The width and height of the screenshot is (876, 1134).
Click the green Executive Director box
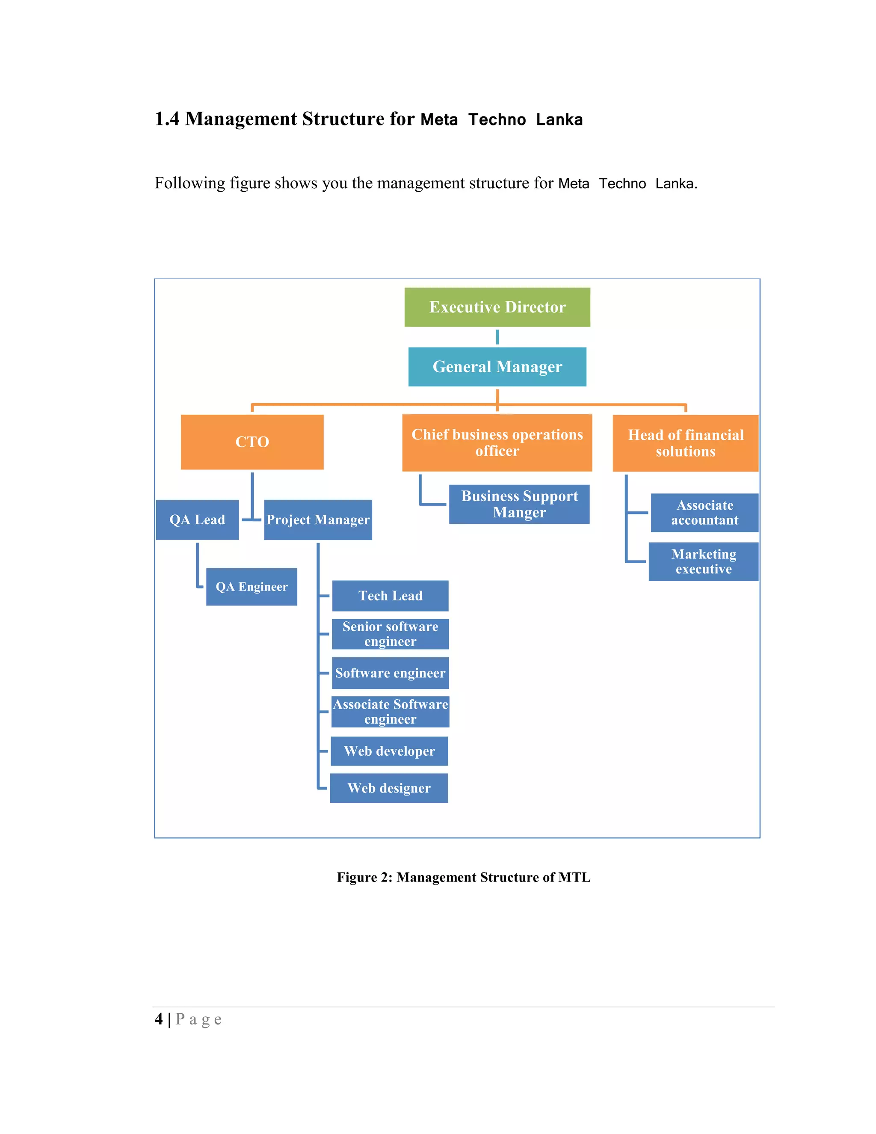pyautogui.click(x=497, y=307)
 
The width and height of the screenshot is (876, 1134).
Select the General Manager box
pyautogui.click(x=497, y=367)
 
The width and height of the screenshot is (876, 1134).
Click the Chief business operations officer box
pyautogui.click(x=497, y=442)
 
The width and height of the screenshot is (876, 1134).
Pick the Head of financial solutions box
pyautogui.click(x=685, y=443)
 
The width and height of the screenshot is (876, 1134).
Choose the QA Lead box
pyautogui.click(x=197, y=520)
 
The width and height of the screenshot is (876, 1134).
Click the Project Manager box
pyautogui.click(x=318, y=520)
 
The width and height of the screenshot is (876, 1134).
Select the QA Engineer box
pyautogui.click(x=251, y=587)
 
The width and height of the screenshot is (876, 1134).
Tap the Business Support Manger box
pyautogui.click(x=519, y=504)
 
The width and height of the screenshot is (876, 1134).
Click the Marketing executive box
pyautogui.click(x=703, y=561)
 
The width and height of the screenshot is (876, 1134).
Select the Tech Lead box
pyautogui.click(x=390, y=596)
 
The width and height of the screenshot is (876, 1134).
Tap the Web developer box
pyautogui.click(x=389, y=751)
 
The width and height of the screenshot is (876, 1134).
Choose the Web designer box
pyautogui.click(x=389, y=788)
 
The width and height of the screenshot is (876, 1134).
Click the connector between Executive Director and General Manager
pyautogui.click(x=497, y=337)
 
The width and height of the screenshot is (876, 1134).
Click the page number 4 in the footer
pyautogui.click(x=159, y=1019)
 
